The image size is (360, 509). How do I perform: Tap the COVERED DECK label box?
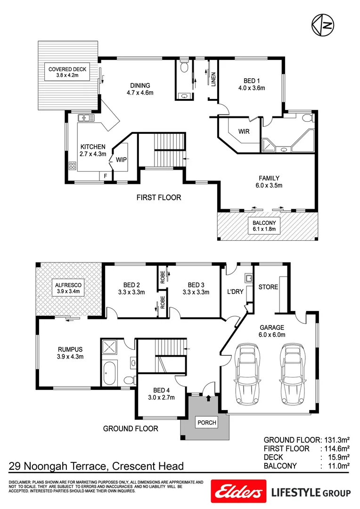coord(67,72)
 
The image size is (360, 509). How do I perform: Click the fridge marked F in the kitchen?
coord(105,176)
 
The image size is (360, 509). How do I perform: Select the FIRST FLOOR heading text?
coord(159,197)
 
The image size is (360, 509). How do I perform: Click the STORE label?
coord(268,287)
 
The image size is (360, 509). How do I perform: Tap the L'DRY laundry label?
coord(235,292)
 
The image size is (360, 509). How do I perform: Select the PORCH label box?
coord(207,423)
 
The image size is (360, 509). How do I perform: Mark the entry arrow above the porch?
coord(209,399)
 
